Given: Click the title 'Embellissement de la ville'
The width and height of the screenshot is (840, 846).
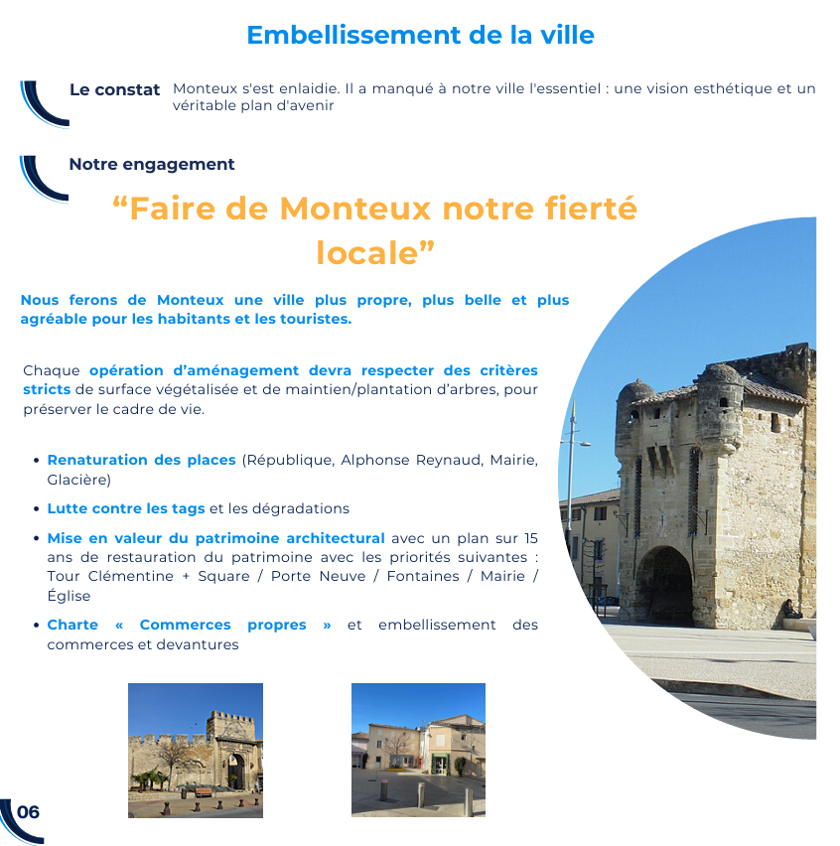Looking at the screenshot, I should coord(420,35).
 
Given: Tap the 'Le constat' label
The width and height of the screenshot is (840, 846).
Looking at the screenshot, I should coord(114,90).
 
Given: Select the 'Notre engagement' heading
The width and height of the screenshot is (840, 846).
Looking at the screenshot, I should coord(152,165).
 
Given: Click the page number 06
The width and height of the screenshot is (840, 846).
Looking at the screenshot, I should coord(29,812).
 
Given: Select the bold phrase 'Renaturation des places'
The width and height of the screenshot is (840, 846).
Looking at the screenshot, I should coord(141,461).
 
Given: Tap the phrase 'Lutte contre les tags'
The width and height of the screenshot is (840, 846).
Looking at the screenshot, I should coord(125,508).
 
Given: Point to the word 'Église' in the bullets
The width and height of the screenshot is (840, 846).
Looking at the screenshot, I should coord(69,596).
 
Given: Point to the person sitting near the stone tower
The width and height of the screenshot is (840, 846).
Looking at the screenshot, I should coord(789,609).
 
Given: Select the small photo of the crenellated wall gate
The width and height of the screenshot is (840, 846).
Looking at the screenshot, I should coord(196,751).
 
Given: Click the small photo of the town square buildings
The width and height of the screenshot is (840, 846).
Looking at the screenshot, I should coord(418,751).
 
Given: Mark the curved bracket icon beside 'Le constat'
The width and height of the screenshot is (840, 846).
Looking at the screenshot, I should coord(42,102).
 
